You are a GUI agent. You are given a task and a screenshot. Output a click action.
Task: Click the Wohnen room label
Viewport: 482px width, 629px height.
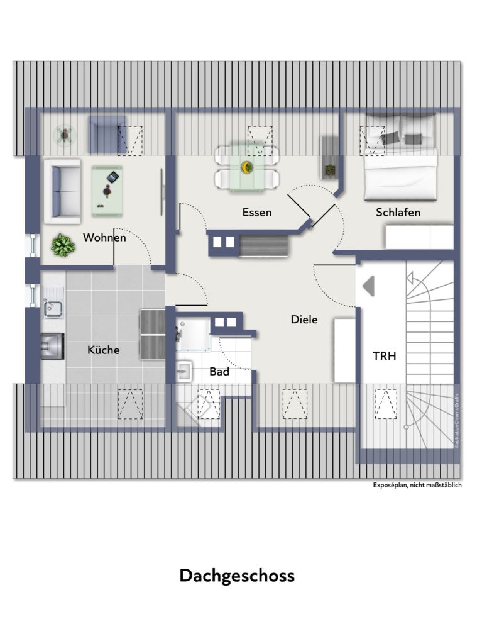click(104, 238)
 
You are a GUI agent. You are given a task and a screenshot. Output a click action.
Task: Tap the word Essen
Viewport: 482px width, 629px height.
click(257, 213)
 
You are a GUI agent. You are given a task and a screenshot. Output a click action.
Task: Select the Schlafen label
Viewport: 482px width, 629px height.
click(398, 212)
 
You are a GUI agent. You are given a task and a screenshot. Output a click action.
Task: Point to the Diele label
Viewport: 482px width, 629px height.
click(304, 320)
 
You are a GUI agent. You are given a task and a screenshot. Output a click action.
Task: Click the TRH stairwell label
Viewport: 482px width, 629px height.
click(384, 355)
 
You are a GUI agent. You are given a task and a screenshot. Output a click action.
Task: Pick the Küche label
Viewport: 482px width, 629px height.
click(104, 350)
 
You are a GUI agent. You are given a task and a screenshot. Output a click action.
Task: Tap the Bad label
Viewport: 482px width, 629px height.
click(219, 372)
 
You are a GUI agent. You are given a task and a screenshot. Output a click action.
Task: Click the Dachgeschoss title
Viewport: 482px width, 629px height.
click(237, 576)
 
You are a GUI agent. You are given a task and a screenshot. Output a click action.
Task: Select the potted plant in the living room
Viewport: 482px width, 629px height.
click(63, 245)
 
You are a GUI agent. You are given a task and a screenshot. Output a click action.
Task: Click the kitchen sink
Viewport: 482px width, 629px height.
click(52, 308)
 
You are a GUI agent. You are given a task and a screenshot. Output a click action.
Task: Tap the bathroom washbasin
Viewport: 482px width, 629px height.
click(183, 371)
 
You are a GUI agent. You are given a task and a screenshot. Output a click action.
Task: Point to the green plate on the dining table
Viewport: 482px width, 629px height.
click(247, 167)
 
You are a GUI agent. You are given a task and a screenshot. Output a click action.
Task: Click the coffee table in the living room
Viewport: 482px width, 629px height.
click(107, 191)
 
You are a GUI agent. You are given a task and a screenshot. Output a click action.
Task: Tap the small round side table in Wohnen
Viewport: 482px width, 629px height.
click(65, 134)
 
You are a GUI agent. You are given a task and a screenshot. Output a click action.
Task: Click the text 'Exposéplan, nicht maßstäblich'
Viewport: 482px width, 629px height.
click(417, 486)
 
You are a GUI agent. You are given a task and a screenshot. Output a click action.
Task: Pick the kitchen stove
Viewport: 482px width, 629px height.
click(52, 346)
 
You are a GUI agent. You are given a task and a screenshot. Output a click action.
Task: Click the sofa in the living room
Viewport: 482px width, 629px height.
click(61, 191)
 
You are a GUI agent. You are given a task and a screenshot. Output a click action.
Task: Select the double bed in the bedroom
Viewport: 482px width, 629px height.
click(400, 157)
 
